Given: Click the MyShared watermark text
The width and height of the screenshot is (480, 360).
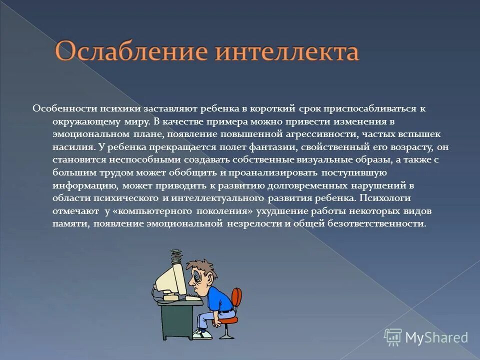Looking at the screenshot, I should (x=435, y=337).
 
